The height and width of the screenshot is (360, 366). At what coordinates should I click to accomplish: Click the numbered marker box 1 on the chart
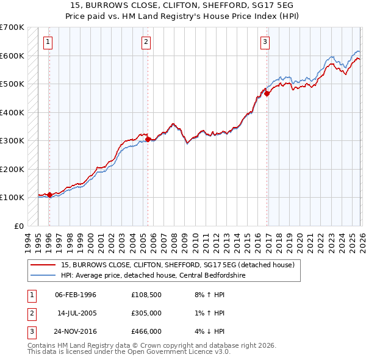click(x=48, y=42)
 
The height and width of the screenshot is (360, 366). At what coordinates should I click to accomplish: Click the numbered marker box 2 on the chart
click(x=146, y=42)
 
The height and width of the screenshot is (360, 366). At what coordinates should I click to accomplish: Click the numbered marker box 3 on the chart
click(x=265, y=42)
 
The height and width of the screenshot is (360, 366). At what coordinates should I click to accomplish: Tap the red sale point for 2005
click(x=148, y=139)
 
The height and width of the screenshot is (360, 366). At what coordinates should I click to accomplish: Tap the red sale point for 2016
click(x=267, y=94)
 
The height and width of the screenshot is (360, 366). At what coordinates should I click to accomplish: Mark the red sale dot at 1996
click(x=49, y=195)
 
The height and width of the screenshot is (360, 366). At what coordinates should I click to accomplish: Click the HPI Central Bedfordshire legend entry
click(x=165, y=275)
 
